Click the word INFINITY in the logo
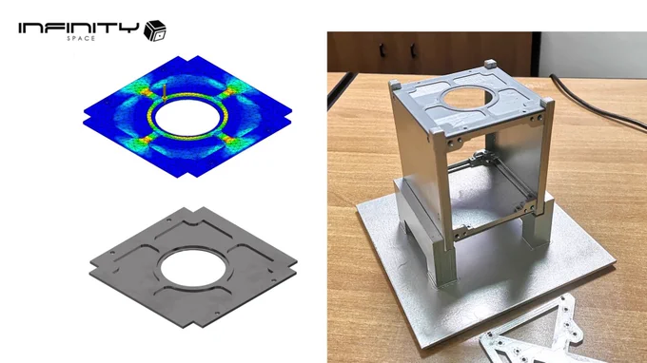[x=78, y=29]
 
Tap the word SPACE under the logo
[x=81, y=38]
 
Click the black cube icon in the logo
[x=155, y=30]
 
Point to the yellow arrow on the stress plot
[x=165, y=93]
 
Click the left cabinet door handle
[x=382, y=50]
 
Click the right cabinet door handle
[x=413, y=50]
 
